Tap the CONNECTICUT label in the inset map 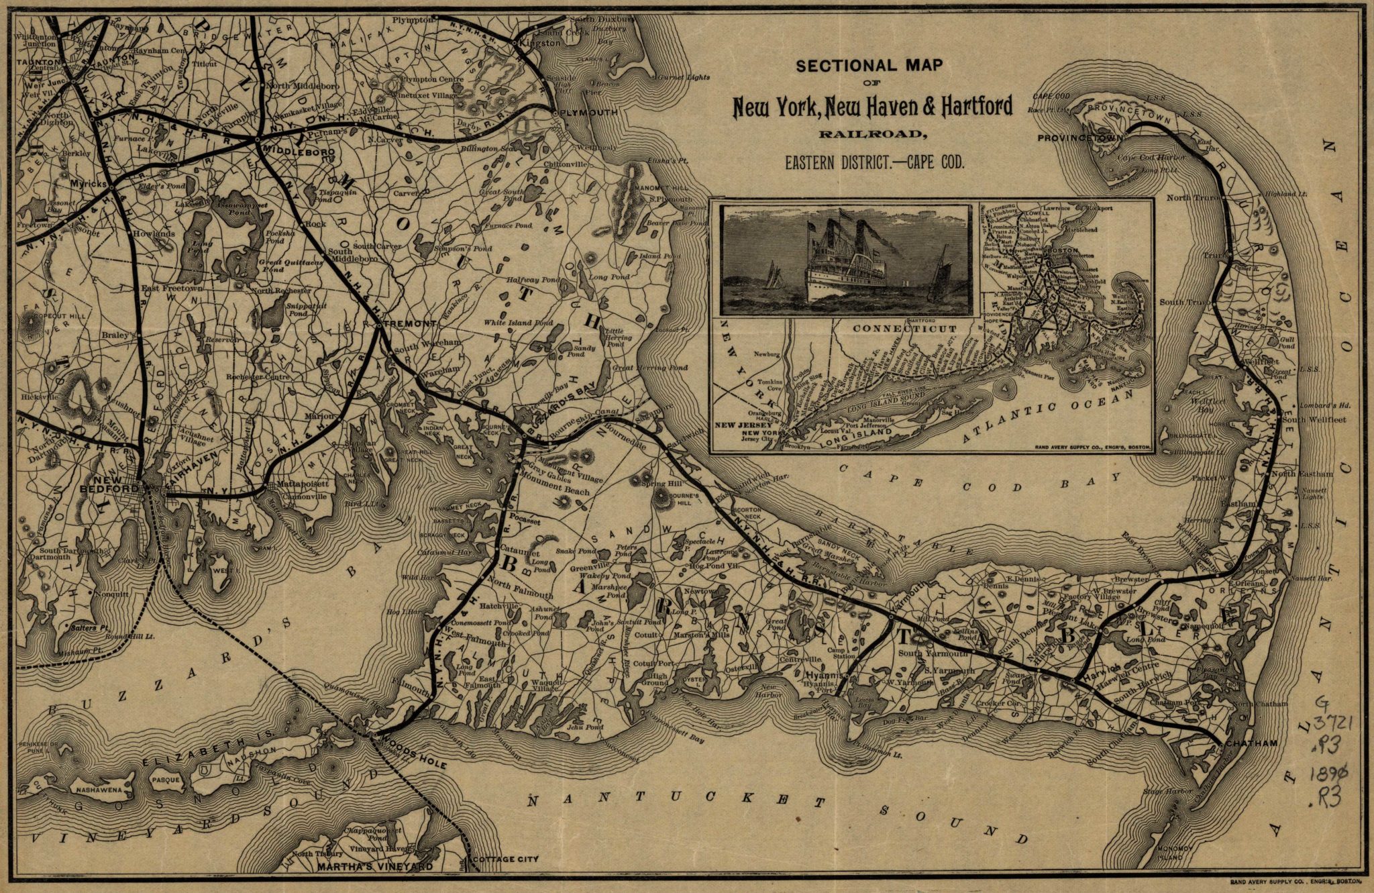(904, 329)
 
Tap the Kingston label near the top (543, 43)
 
